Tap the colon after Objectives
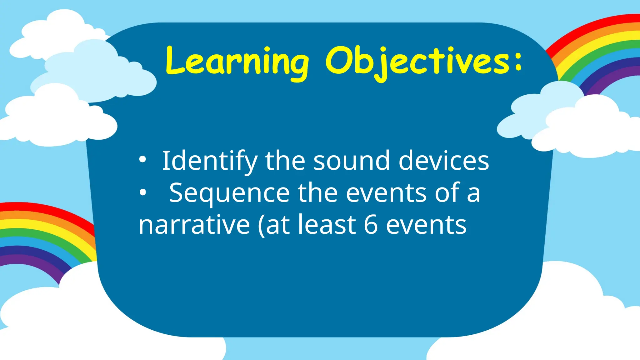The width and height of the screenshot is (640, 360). [x=518, y=61]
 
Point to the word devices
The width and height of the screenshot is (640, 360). [x=444, y=161]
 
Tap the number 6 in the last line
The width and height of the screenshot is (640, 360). [x=371, y=225]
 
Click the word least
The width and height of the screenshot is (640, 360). [x=327, y=225]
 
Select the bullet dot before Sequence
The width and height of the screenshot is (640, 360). [x=142, y=193]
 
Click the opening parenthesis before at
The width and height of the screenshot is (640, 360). [x=261, y=226]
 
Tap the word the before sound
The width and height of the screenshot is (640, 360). [x=285, y=161]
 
